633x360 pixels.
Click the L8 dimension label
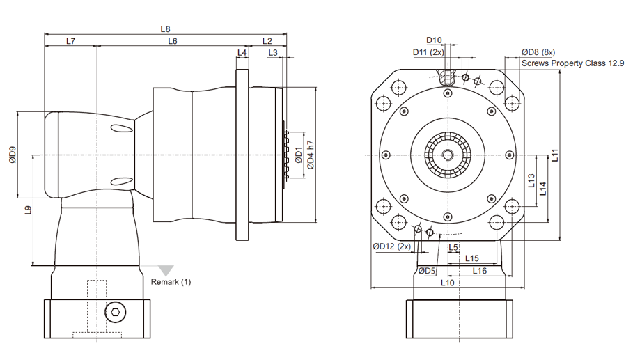pos(165,29)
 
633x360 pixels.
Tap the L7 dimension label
pos(70,41)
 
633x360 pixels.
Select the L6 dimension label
pos(173,41)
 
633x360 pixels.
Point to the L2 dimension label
pos(267,41)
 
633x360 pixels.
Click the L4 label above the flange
pos(242,53)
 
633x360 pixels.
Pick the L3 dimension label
pos(273,53)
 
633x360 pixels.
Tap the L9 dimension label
pos(28,210)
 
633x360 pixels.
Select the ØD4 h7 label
pos(310,155)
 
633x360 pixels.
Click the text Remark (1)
pos(171,282)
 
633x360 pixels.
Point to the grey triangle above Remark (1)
pos(166,270)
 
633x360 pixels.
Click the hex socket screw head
pos(116,312)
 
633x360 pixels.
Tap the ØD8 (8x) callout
pos(538,52)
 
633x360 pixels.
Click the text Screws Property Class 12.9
pos(573,63)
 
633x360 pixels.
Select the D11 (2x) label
pos(428,52)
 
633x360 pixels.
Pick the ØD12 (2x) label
pos(391,246)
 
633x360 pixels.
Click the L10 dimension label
pos(447,283)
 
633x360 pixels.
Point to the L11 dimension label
pos(555,155)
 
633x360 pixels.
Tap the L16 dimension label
pos(480,271)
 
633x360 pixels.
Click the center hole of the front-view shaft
pos(448,155)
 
